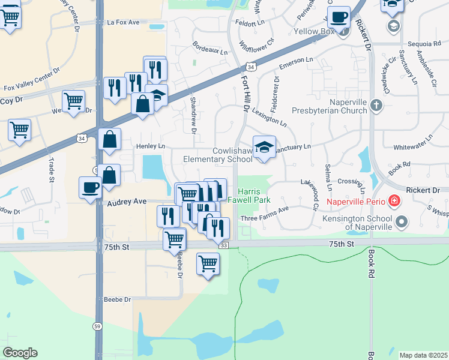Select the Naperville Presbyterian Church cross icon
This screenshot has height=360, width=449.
(376, 106)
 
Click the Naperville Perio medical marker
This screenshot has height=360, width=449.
(395, 200)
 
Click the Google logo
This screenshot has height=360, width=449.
(20, 352)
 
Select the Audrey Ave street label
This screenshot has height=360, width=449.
(127, 203)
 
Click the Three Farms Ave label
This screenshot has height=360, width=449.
(265, 209)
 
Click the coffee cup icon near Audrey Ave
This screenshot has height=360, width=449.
(90, 187)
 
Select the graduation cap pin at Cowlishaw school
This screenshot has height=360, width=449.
(264, 147)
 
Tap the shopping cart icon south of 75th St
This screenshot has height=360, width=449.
(208, 263)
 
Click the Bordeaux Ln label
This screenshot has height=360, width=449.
(210, 48)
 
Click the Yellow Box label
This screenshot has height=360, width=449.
(313, 31)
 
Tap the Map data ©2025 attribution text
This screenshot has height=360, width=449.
(423, 355)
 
